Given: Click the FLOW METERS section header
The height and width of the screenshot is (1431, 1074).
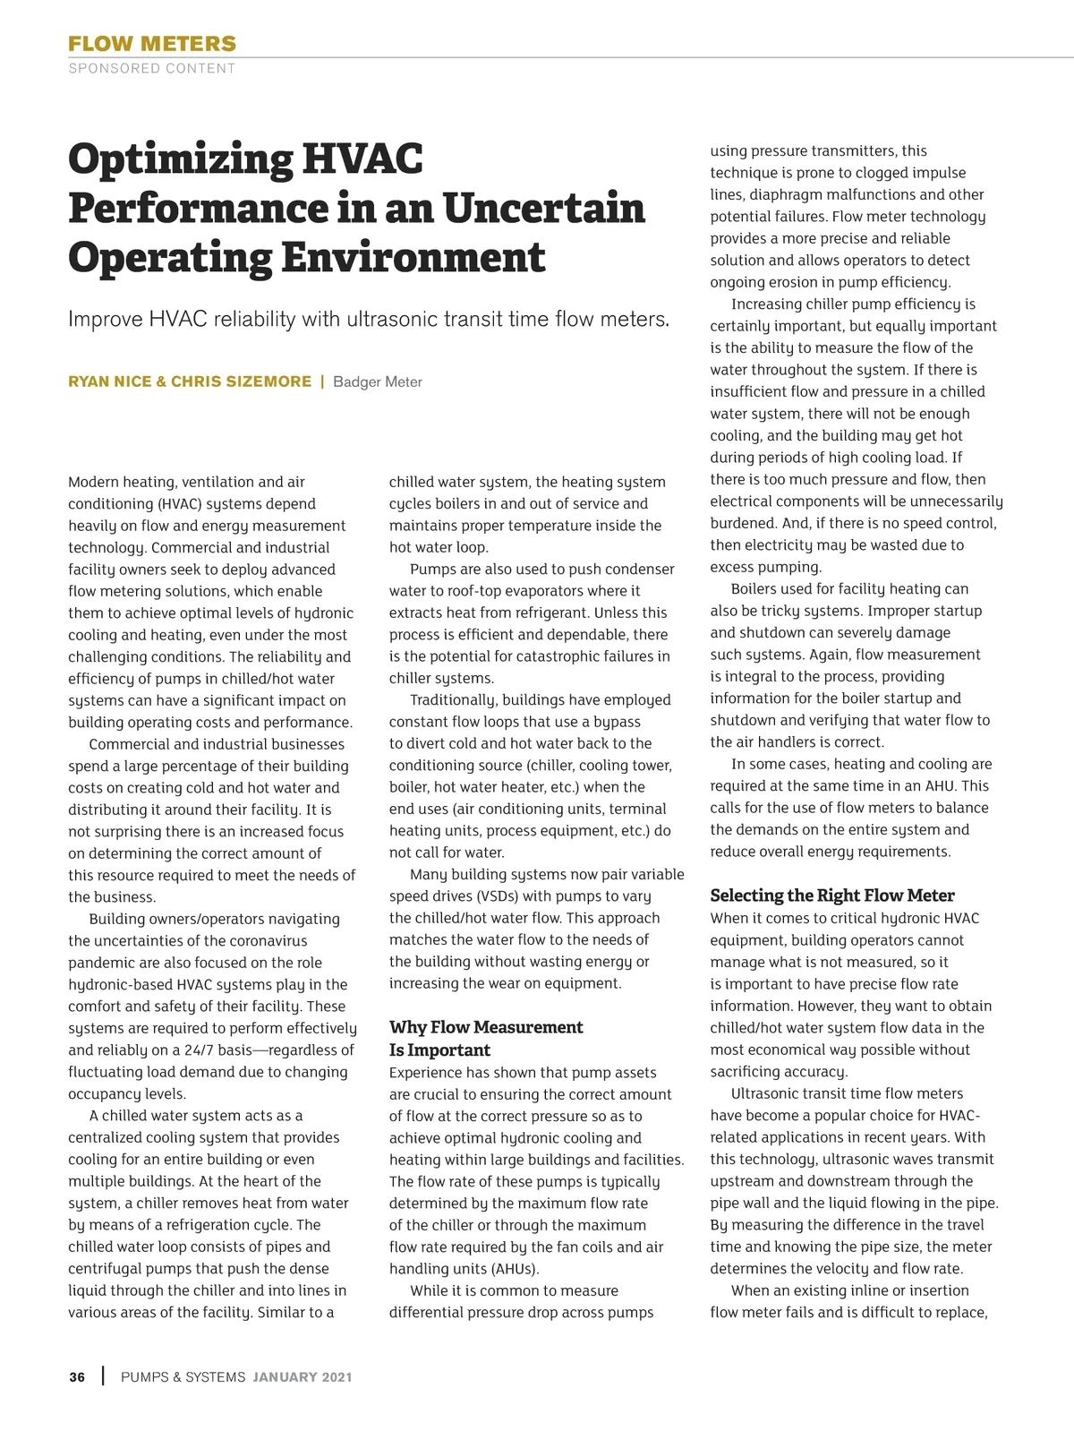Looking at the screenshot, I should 152,44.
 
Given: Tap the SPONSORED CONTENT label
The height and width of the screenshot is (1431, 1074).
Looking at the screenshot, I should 152,68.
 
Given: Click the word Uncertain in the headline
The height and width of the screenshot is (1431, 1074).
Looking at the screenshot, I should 543,208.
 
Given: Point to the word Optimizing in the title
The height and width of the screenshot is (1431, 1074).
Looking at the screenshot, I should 180,159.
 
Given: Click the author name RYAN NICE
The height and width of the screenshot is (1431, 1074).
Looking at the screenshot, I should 110,381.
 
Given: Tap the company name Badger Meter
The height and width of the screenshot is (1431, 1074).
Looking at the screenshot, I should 377,382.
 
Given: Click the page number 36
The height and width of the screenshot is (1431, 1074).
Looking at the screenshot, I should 77,1377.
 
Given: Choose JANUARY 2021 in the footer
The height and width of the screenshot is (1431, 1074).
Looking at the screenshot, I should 303,1377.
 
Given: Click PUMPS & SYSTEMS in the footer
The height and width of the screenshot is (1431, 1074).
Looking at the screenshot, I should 183,1377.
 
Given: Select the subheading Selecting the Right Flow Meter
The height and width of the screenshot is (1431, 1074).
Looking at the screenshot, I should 831,895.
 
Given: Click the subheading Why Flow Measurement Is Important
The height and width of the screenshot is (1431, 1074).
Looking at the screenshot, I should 485,1038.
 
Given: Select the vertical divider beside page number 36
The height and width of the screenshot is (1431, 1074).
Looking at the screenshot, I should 104,1376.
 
